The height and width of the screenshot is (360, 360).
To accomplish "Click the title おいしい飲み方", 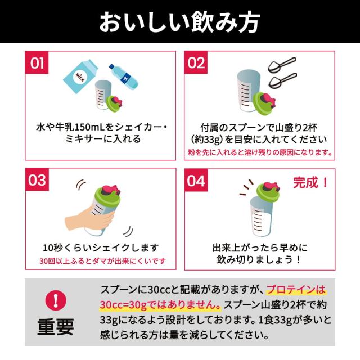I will click(x=179, y=22).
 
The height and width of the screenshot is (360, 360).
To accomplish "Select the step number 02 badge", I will click(x=196, y=63).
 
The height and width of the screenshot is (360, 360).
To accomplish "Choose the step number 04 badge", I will click(x=197, y=181).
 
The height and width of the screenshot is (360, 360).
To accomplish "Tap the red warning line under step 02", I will click(x=260, y=152).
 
